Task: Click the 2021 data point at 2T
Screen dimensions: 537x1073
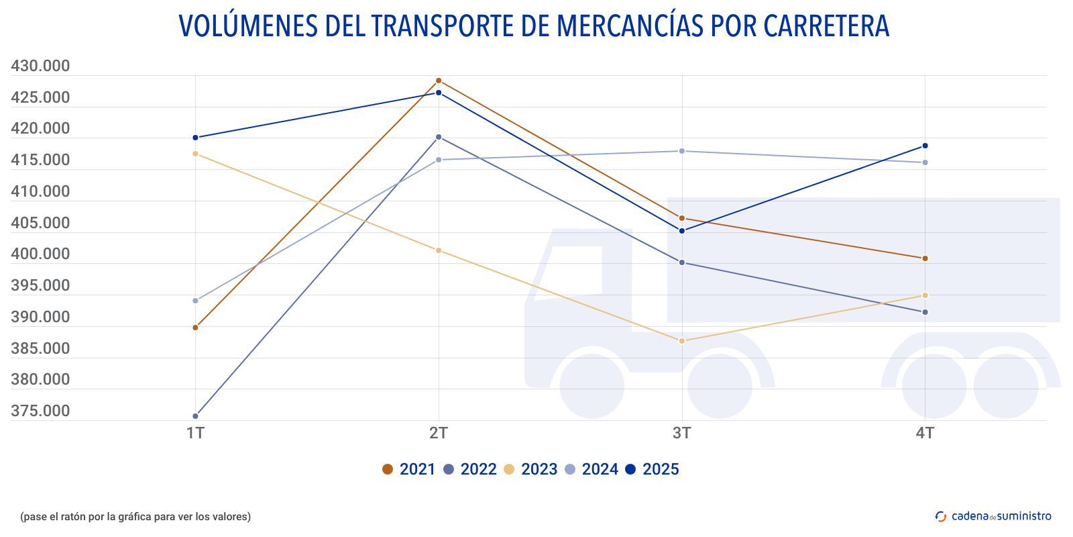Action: coord(439,81)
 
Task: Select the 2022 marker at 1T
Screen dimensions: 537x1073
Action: coord(195,416)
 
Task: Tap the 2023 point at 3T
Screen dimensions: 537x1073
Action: coord(682,341)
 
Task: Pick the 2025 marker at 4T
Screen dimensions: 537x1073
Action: coord(925,146)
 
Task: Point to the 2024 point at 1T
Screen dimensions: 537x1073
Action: coord(195,301)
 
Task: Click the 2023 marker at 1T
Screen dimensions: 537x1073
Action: coord(195,154)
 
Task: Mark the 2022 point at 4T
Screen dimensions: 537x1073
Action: coord(925,312)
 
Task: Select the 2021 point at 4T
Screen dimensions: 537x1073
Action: coord(925,258)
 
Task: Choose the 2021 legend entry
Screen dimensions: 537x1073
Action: coord(408,469)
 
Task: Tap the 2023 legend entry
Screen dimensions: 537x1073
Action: coord(530,469)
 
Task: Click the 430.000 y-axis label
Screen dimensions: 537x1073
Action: coord(40,66)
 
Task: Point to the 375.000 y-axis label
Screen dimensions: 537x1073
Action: coord(40,411)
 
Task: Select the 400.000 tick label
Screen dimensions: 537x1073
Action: coord(40,254)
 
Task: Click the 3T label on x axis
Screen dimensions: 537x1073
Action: coord(682,433)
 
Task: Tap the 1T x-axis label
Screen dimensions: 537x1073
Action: coord(195,433)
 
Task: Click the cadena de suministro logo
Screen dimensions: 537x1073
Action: coord(993,516)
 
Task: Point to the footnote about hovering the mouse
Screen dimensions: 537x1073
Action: coord(135,517)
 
